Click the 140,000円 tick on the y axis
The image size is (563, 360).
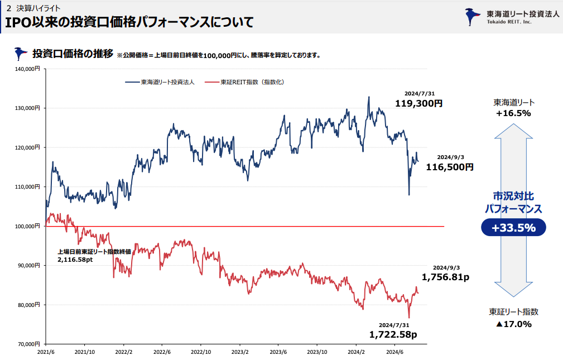[x=26, y=69]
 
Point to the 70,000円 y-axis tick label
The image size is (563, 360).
[x=28, y=344]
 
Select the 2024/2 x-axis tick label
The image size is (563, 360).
[x=356, y=352]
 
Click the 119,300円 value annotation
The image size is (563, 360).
[x=418, y=103]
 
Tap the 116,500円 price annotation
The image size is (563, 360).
[x=450, y=167]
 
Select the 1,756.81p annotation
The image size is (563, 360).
[x=445, y=277]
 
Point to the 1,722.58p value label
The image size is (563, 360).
[x=393, y=334]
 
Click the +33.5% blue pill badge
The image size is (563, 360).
[x=513, y=228]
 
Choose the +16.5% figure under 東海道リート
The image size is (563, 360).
[x=513, y=113]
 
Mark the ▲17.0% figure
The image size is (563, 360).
[x=513, y=324]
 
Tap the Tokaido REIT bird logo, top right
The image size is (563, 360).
[x=474, y=17]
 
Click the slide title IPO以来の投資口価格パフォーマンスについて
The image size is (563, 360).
[x=129, y=23]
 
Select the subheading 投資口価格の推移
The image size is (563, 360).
[x=73, y=54]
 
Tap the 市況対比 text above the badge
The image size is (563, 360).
[x=513, y=196]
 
